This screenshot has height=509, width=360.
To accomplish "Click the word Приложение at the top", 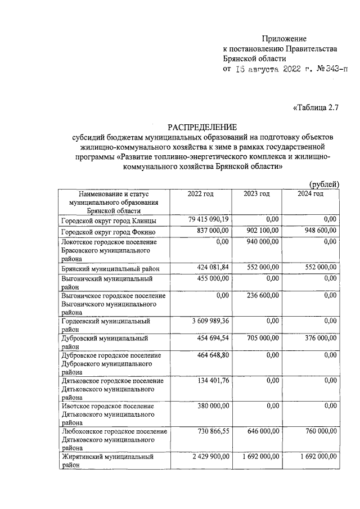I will pyautogui.click(x=284, y=39).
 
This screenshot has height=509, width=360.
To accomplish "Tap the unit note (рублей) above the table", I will pyautogui.click(x=325, y=184).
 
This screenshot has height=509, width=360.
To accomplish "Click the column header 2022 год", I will pyautogui.click(x=201, y=194).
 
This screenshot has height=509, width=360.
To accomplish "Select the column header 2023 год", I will pyautogui.click(x=256, y=194).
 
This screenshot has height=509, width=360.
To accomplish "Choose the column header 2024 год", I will pyautogui.click(x=310, y=194).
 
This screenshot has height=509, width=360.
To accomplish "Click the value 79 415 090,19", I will pyautogui.click(x=206, y=219).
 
